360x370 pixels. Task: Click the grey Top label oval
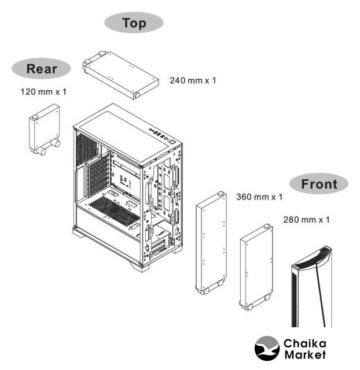tap(134, 23)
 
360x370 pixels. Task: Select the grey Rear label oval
tap(41, 68)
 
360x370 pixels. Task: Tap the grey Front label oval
tap(319, 184)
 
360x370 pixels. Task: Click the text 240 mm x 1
tap(193, 80)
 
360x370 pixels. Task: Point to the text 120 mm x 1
tap(43, 92)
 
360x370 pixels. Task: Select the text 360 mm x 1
tap(259, 197)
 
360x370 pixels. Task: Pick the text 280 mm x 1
tap(306, 220)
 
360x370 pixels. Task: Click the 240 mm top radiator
tap(121, 75)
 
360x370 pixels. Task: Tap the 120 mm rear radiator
tap(45, 129)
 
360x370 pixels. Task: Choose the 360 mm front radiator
tap(211, 243)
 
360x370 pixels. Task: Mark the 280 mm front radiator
tap(256, 267)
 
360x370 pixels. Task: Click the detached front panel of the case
tap(312, 287)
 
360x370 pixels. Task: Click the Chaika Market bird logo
tap(267, 349)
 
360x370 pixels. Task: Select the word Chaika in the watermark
tap(305, 343)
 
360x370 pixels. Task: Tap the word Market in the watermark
tap(305, 354)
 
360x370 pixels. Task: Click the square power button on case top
tap(172, 143)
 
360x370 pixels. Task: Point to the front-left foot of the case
tap(140, 267)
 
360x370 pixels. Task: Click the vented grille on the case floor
tap(115, 210)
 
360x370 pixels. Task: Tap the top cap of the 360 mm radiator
tap(221, 194)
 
